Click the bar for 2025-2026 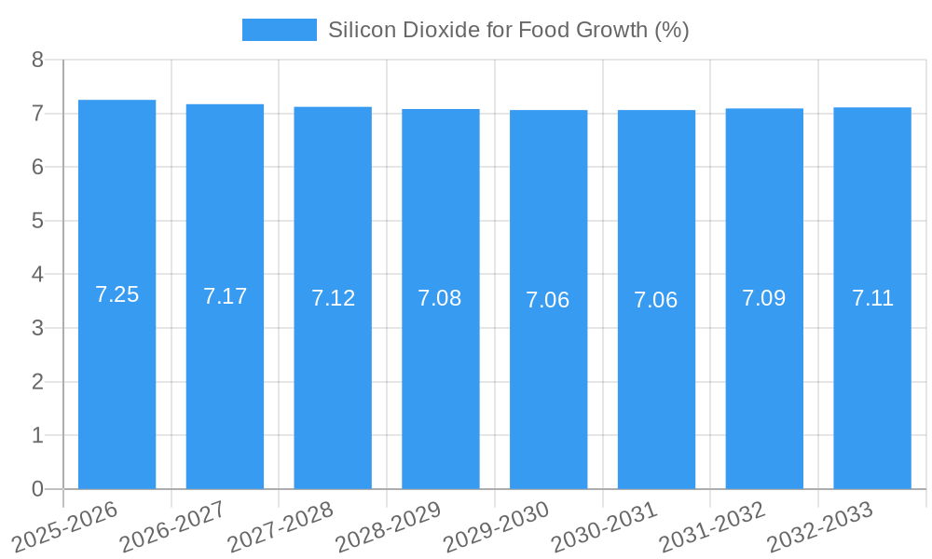point(116,373)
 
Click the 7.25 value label point(116,294)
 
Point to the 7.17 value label point(225,296)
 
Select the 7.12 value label point(333,298)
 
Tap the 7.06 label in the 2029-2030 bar point(548,300)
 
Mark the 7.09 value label point(764,298)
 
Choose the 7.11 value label point(872,298)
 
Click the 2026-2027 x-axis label point(172,526)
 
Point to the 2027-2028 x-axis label point(280,526)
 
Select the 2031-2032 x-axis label point(712,526)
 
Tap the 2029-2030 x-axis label point(496,526)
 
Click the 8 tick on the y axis point(37,61)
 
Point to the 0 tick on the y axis point(37,489)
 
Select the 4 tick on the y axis point(37,275)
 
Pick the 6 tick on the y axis point(37,168)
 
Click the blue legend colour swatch point(279,30)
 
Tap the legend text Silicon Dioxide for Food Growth point(508,30)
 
